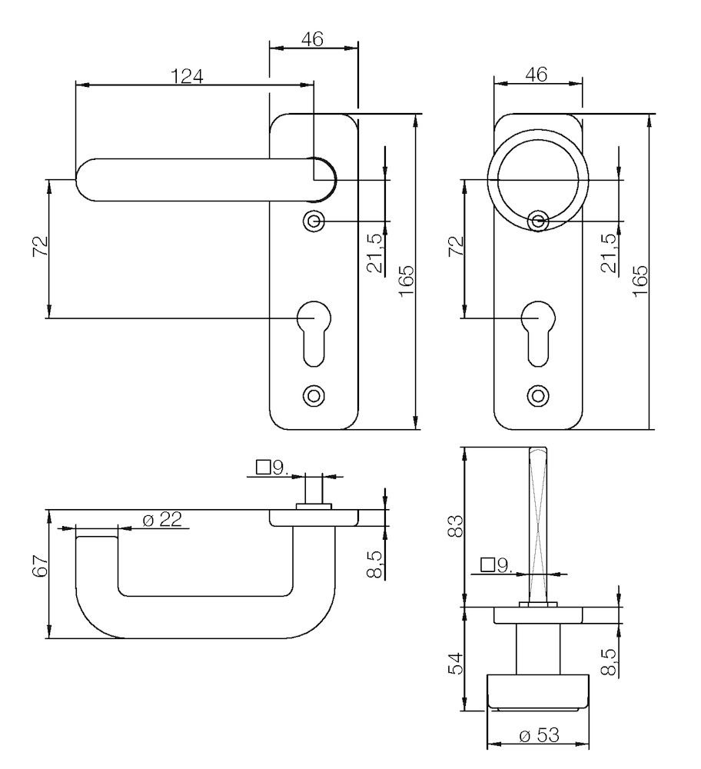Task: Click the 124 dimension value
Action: click(188, 75)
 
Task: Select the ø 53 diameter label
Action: click(538, 735)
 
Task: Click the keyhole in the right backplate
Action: click(538, 331)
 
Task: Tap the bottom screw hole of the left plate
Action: click(313, 394)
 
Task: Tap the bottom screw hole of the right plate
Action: click(538, 395)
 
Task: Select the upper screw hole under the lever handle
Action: click(313, 221)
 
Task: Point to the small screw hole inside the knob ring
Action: click(538, 222)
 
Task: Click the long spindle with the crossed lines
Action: click(538, 523)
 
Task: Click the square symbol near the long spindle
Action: click(487, 565)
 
